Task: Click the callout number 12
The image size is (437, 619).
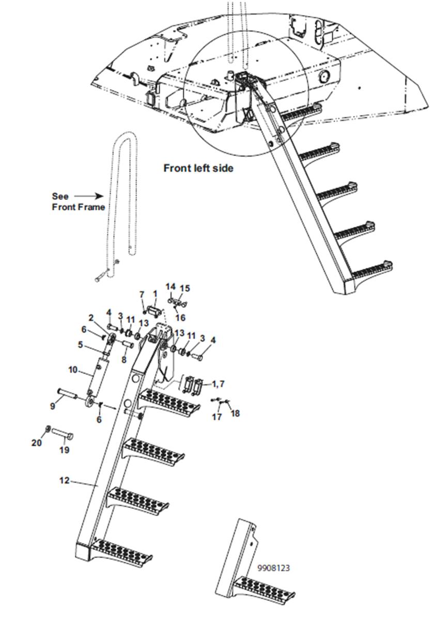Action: [x=64, y=480]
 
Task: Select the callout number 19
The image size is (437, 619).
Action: [x=64, y=450]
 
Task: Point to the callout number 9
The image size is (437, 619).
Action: [x=52, y=406]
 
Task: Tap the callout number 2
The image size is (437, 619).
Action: [x=90, y=318]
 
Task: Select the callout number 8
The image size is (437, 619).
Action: [x=124, y=359]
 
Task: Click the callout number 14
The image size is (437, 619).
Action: [x=170, y=287]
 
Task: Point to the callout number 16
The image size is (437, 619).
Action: [x=180, y=318]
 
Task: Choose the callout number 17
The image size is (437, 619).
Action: [x=217, y=416]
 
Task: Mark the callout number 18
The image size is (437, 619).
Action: [x=235, y=413]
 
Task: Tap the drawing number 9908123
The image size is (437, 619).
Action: [x=274, y=568]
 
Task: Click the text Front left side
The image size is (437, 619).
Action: [x=198, y=168]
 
